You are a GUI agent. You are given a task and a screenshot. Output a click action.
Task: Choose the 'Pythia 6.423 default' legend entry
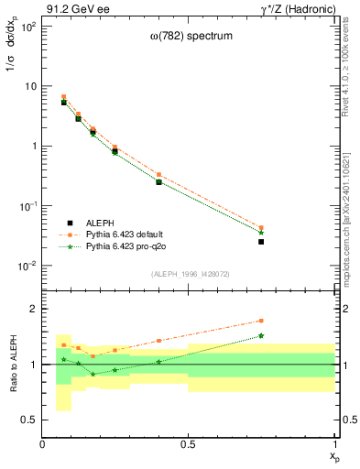tap(125, 234)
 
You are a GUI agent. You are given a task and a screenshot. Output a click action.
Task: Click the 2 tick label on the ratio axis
tap(31, 310)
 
